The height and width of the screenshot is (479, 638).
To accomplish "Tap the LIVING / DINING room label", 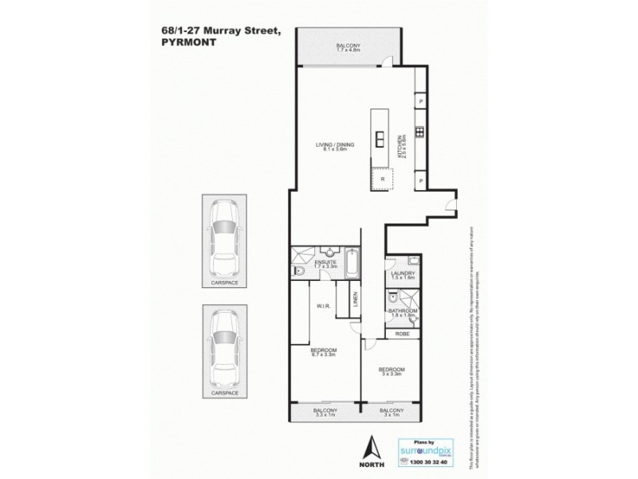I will pyautogui.click(x=335, y=144).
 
